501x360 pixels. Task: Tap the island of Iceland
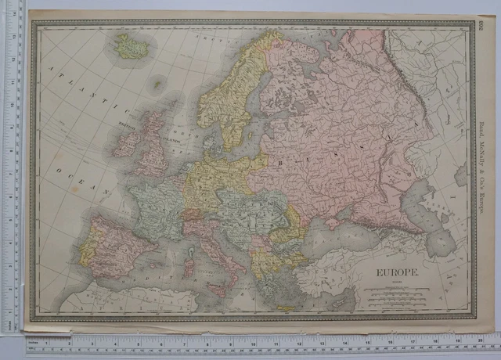132,47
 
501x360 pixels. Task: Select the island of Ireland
125,144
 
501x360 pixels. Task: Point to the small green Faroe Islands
159,82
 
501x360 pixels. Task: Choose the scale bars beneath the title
391,297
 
